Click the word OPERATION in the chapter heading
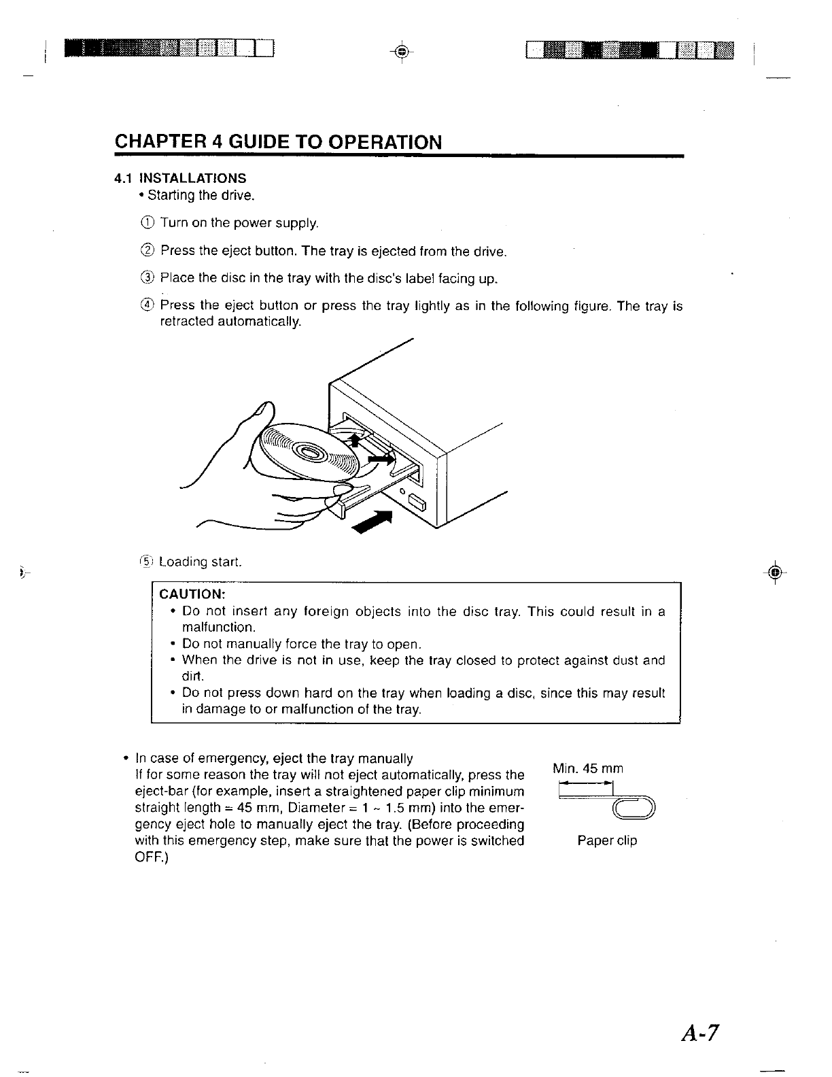click(385, 142)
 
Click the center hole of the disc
click(311, 452)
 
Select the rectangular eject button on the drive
click(416, 503)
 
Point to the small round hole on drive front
click(403, 492)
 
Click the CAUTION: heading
click(188, 594)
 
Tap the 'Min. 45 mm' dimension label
click(588, 769)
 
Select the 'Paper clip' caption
click(607, 841)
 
